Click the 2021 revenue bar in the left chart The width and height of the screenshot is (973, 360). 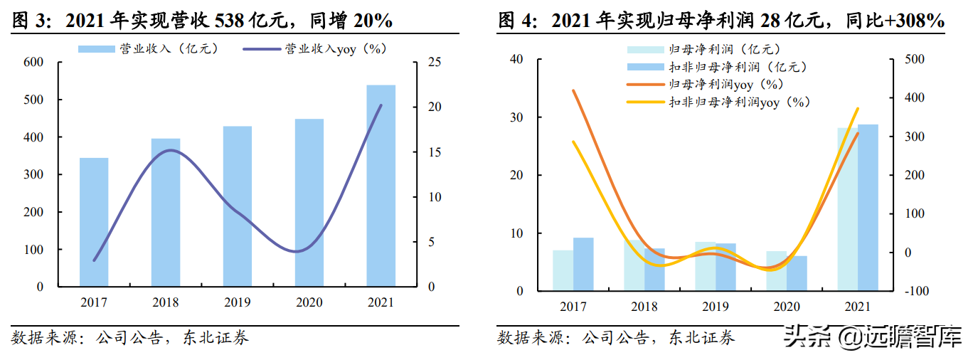381,186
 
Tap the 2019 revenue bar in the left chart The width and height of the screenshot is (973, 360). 237,206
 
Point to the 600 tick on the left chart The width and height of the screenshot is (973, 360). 34,63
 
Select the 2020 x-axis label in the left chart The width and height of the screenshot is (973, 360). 309,302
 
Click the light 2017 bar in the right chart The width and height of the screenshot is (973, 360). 563,270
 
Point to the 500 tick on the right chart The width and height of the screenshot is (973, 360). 913,59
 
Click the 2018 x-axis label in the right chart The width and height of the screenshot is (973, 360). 644,307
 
